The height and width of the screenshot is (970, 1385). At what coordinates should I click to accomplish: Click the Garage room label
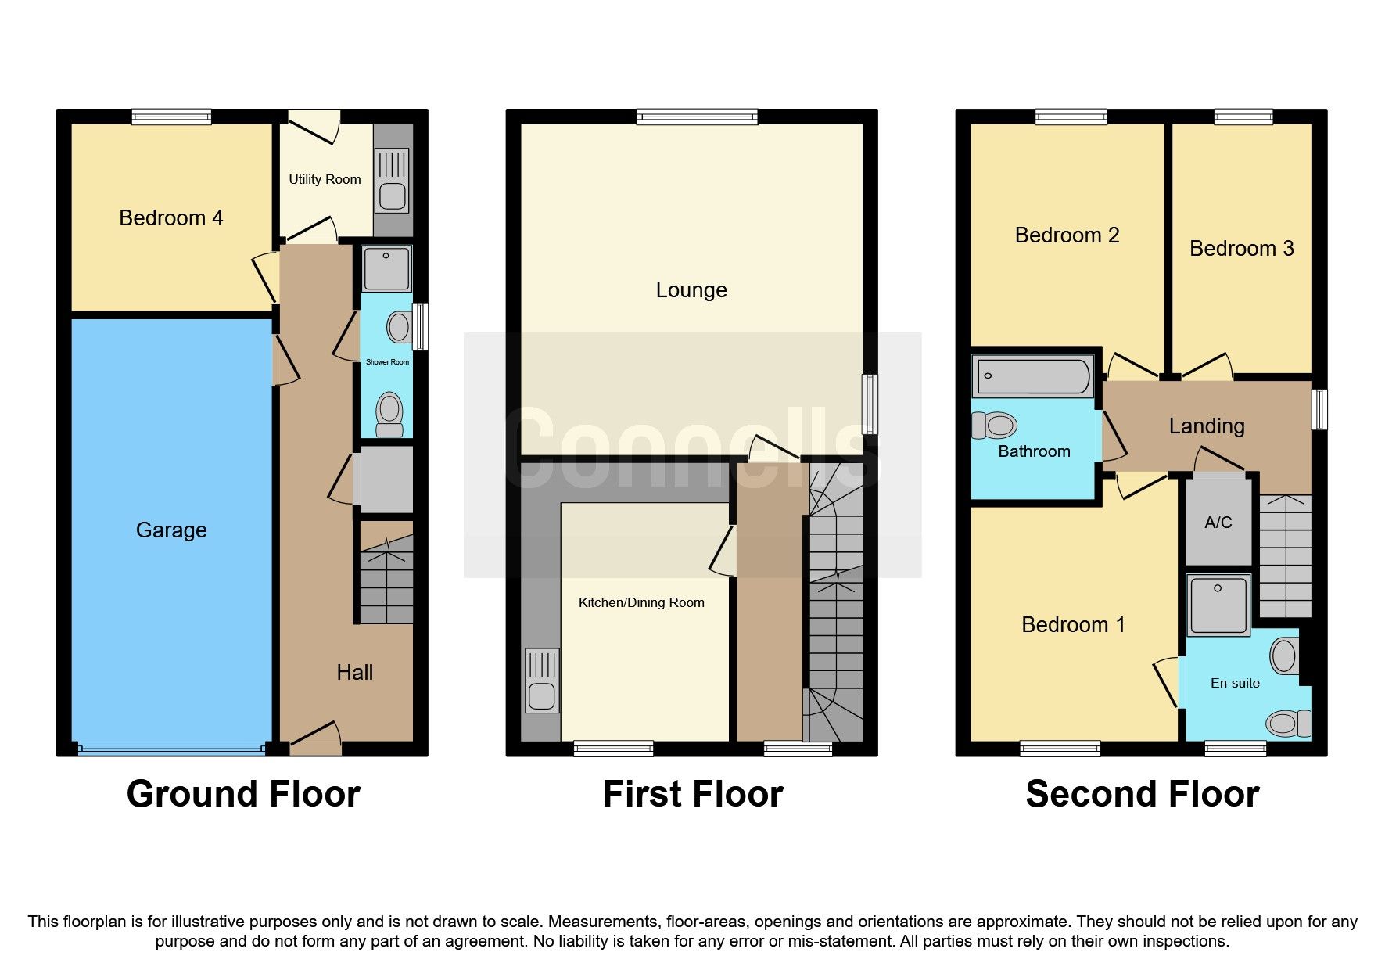coord(171,530)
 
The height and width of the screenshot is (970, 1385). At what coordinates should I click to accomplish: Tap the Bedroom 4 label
coord(170,218)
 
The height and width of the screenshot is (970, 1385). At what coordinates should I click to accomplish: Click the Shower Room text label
coord(387,362)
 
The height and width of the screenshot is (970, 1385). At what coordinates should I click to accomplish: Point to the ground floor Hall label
coord(354,673)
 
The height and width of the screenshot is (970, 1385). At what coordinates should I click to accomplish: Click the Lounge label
coord(691,290)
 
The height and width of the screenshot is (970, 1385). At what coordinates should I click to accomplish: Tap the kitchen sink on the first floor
coord(542,681)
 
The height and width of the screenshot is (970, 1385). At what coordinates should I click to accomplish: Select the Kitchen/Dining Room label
coord(641,602)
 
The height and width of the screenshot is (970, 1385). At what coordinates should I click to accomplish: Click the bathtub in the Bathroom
coord(1032,376)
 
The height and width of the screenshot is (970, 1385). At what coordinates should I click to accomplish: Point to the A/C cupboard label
coord(1218,523)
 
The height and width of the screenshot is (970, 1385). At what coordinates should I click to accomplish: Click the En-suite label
coord(1235,683)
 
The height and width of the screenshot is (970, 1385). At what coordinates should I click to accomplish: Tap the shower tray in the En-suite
coord(1218,605)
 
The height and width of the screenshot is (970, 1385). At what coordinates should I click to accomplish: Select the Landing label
coord(1206,426)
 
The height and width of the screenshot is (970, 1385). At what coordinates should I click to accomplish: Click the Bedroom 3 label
coord(1241,249)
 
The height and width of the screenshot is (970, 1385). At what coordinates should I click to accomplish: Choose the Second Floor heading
coord(1142,794)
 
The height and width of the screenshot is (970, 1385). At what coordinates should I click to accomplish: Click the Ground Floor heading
coord(243,794)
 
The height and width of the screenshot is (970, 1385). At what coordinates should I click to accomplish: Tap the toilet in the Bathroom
coord(995,426)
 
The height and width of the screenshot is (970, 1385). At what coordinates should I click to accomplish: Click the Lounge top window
coord(697,117)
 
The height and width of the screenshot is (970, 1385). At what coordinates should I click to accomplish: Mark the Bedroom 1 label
coord(1073,624)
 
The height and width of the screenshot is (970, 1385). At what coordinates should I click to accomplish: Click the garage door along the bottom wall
coord(171,749)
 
